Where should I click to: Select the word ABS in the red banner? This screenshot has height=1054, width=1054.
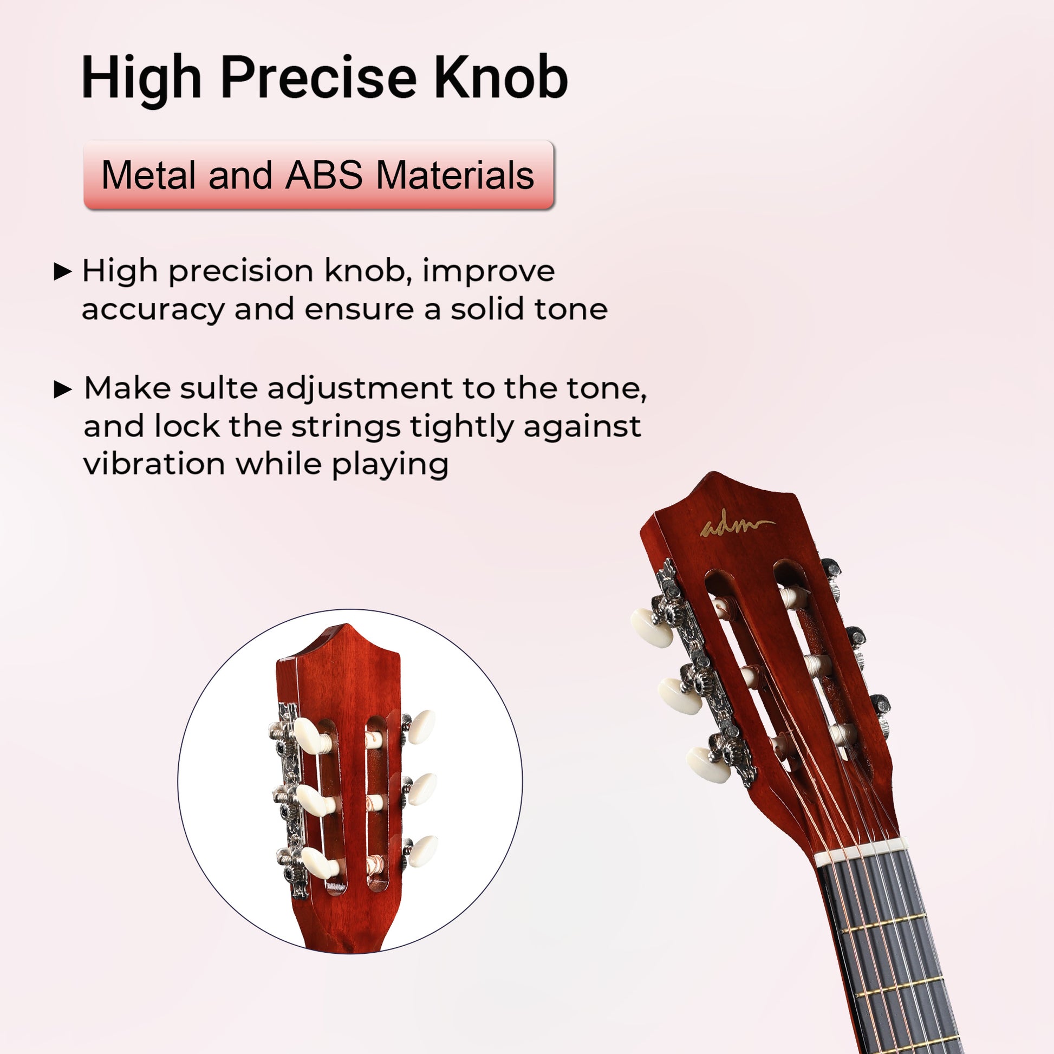324,175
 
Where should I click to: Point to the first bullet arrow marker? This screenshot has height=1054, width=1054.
63,271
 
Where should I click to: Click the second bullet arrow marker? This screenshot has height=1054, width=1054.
63,389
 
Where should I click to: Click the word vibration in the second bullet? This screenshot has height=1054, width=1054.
154,464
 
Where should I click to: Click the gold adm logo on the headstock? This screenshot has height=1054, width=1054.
737,525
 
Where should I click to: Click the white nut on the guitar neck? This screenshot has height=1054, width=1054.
862,853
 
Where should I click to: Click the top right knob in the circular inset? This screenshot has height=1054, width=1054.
421,727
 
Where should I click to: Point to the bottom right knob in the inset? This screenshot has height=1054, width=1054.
424,851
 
